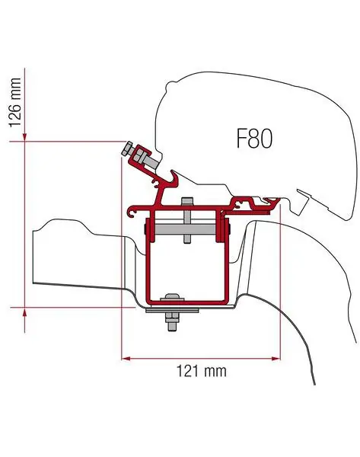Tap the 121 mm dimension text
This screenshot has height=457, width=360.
click(x=201, y=372)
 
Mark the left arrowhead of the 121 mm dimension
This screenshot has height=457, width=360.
click(x=126, y=356)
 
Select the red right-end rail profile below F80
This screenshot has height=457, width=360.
click(x=255, y=203)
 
